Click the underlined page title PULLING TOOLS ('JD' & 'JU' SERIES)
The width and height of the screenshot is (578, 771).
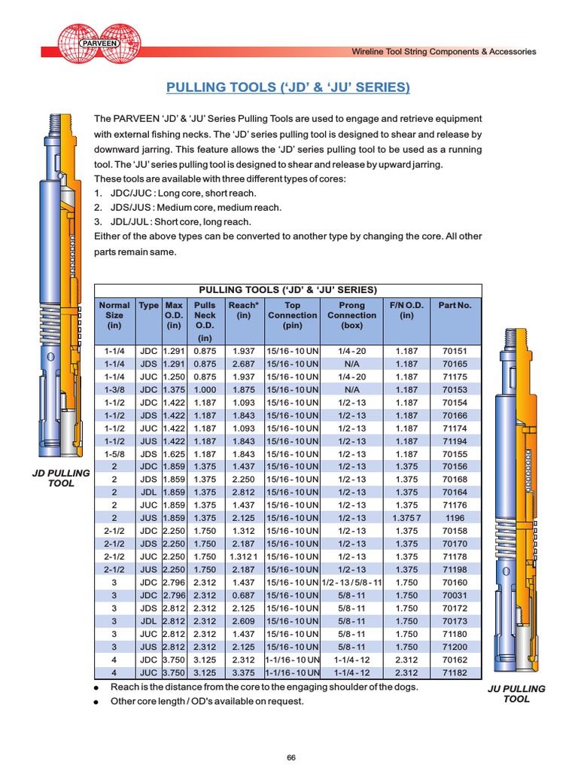(287, 88)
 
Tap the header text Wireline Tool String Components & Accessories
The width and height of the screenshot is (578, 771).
(444, 52)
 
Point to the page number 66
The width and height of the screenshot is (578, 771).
(291, 757)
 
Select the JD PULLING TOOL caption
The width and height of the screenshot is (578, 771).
(62, 477)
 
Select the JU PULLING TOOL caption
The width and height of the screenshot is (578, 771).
(516, 693)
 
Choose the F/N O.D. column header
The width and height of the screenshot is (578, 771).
(406, 310)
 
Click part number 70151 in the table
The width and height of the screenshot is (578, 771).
(455, 351)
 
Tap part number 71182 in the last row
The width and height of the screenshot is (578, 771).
(455, 672)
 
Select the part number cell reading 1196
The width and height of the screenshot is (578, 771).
(455, 518)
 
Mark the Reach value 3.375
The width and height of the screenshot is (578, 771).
(243, 672)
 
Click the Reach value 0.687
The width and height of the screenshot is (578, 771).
(243, 596)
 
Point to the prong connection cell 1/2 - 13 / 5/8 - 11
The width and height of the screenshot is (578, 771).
(351, 582)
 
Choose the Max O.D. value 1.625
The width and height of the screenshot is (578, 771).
(174, 454)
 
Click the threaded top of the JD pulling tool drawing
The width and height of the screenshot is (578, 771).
(57, 124)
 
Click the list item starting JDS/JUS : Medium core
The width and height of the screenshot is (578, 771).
(187, 207)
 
